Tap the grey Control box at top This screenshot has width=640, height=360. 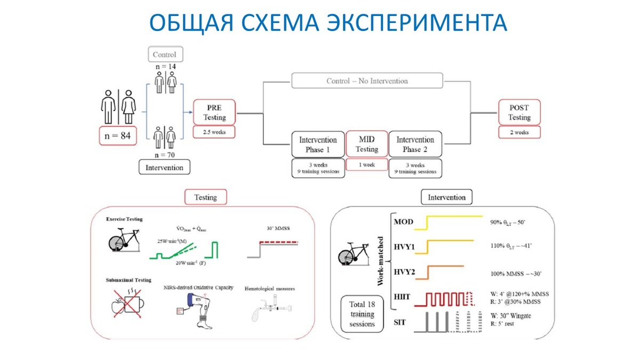click(164, 54)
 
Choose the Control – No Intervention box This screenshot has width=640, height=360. click(367, 81)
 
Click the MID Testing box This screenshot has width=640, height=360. click(367, 144)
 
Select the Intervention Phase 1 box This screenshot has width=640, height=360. click(318, 144)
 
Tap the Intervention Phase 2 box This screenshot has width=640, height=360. click(415, 144)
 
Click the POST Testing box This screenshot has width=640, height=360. click(519, 113)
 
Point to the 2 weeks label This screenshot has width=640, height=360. click(519, 132)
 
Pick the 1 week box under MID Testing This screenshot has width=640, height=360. click(367, 165)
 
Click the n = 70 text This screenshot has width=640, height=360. click(164, 155)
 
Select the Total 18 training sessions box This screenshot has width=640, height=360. click(362, 314)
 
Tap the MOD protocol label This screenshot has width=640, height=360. click(404, 222)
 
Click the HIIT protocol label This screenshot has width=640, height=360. click(404, 296)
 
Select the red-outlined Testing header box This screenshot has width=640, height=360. click(205, 197)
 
